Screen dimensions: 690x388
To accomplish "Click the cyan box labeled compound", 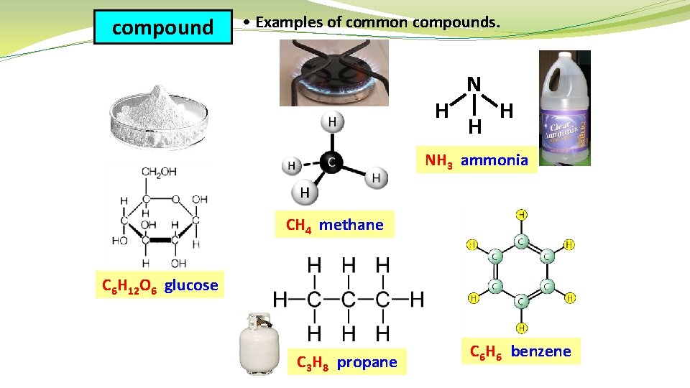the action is (163, 28).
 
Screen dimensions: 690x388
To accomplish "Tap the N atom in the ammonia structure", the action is (474, 85).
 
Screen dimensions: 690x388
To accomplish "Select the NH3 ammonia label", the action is (477, 160).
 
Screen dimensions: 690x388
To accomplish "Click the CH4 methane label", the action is (335, 225).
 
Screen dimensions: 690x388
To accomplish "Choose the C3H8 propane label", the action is (347, 362).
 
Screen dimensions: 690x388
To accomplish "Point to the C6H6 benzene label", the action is (520, 351).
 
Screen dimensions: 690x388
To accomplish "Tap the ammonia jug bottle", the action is (564, 108).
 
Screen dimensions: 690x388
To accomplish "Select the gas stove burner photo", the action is (334, 73).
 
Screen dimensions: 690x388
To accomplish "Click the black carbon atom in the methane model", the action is (330, 163).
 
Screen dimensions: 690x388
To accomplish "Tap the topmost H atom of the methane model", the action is (331, 122).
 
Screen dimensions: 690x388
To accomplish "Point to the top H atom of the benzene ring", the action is (521, 214).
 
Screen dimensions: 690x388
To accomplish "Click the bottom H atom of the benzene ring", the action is (521, 328).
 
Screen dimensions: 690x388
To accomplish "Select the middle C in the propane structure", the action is (349, 298).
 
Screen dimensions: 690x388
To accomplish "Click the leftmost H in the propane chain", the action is (281, 298).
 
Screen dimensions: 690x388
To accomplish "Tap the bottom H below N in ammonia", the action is (474, 127).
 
